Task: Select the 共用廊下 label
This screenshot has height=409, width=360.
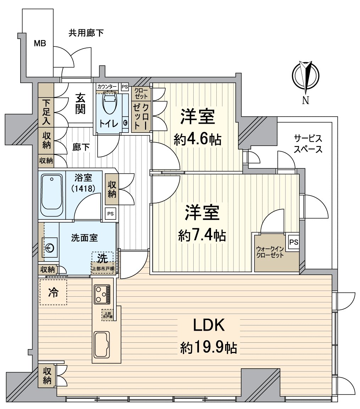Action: point(86,33)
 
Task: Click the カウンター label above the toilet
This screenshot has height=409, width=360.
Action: point(107,86)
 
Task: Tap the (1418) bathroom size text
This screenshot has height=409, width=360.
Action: point(83,189)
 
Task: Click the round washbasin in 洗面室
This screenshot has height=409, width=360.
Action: point(50,247)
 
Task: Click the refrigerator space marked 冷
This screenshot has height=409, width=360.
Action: point(53,293)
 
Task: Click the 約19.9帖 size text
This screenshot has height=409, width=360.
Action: point(209,348)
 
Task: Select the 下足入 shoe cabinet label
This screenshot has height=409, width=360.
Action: point(46,112)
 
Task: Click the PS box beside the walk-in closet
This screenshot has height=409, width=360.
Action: point(293,243)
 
